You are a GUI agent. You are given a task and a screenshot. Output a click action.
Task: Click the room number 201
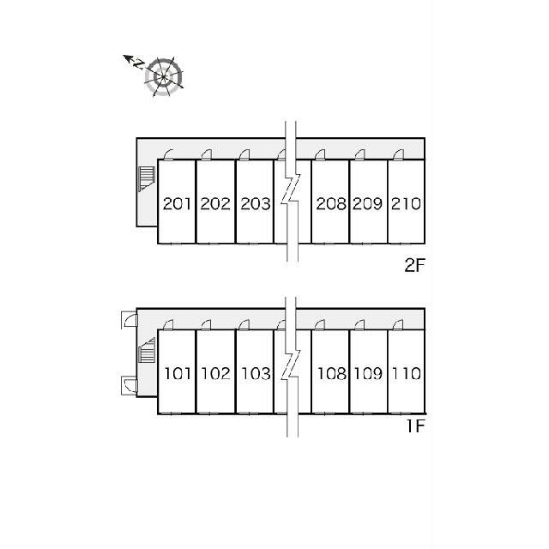178,204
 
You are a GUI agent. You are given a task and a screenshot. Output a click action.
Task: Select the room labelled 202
215,204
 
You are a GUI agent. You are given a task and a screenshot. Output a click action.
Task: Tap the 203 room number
256,204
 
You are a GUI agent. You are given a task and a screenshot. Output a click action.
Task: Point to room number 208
331,204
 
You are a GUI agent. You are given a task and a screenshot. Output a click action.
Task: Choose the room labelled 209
368,204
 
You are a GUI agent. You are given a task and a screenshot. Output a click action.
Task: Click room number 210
406,204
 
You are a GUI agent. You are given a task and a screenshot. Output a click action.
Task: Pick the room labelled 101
178,374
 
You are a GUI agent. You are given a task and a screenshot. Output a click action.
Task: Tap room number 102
215,374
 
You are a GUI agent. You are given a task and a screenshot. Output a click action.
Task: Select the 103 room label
256,374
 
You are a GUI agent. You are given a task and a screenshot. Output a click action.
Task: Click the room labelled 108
332,374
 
